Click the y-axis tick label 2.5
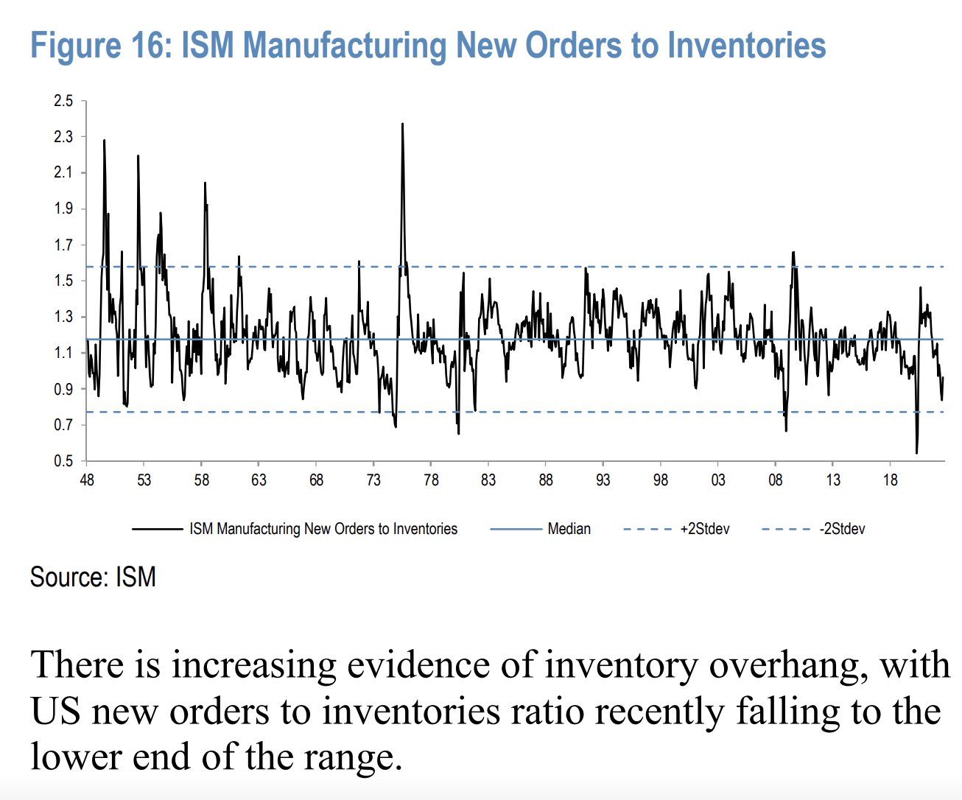click(x=63, y=100)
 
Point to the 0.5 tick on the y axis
click(x=63, y=461)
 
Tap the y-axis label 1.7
click(x=63, y=245)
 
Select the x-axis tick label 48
click(x=87, y=480)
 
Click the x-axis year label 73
click(x=373, y=480)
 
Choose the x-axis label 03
click(x=717, y=480)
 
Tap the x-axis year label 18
click(x=890, y=480)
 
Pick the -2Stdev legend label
click(x=842, y=529)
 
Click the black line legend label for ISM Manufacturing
click(x=323, y=529)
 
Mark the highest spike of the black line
click(x=403, y=124)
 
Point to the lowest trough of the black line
click(x=917, y=453)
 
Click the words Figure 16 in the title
click(x=101, y=45)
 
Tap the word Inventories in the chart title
click(x=746, y=45)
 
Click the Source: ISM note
click(x=93, y=577)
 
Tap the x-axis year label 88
click(x=546, y=480)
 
